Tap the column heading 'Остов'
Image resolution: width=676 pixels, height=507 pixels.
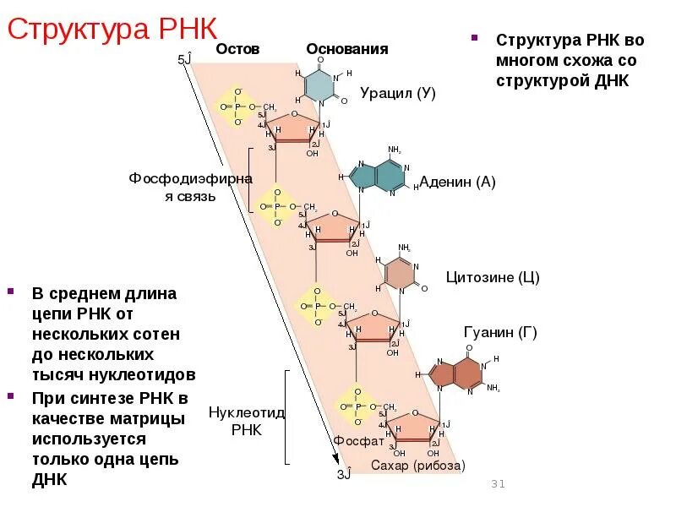(x=237, y=49)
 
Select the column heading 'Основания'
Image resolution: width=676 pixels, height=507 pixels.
(x=347, y=49)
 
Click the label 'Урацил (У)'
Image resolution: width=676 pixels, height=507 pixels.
(x=397, y=93)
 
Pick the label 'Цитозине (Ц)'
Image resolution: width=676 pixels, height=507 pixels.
(x=493, y=277)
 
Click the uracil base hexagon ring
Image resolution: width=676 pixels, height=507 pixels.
(x=320, y=84)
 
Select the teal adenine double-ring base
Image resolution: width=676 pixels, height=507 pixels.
(x=378, y=175)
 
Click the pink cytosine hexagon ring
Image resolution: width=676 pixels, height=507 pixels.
(x=401, y=273)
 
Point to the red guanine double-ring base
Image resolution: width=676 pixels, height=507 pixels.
(x=455, y=373)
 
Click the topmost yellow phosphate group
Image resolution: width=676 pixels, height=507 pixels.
(x=237, y=106)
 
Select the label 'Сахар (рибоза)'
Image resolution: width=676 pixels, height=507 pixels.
(x=418, y=466)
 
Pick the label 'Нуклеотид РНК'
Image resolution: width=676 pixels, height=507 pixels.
(x=248, y=421)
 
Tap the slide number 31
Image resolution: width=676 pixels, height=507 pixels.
(x=497, y=484)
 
